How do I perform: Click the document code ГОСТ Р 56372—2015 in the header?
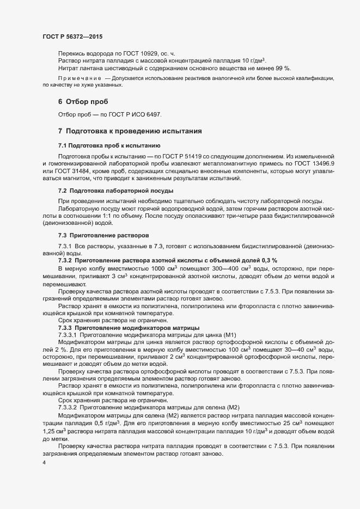pos(72,36)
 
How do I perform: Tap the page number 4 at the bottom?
pos(44,463)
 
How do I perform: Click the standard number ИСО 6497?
pos(147,115)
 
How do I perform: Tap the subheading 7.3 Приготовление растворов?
pos(103,235)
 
